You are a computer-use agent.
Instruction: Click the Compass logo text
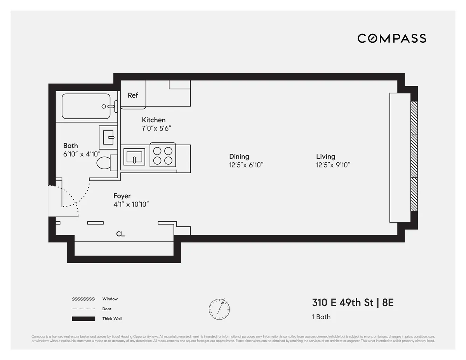(x=391, y=38)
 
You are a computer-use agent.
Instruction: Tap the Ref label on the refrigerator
(x=133, y=95)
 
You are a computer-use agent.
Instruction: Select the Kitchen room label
(x=153, y=120)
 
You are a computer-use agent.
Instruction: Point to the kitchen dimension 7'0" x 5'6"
(x=156, y=129)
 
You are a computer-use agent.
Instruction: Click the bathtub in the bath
(x=86, y=106)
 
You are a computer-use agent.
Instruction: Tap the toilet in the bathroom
(x=104, y=162)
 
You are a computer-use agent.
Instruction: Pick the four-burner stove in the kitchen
(x=163, y=155)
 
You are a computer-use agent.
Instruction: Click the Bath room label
(x=70, y=146)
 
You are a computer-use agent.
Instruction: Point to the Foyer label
(x=122, y=196)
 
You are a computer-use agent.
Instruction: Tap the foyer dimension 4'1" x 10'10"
(x=131, y=205)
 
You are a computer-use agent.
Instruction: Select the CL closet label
(x=120, y=234)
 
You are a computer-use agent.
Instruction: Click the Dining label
(x=239, y=157)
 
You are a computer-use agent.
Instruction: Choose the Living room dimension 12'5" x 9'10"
(x=333, y=165)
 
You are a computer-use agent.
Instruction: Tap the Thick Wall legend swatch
(x=83, y=319)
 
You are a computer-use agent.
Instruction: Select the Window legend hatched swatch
(x=83, y=299)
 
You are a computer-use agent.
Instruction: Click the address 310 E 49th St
(x=342, y=303)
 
